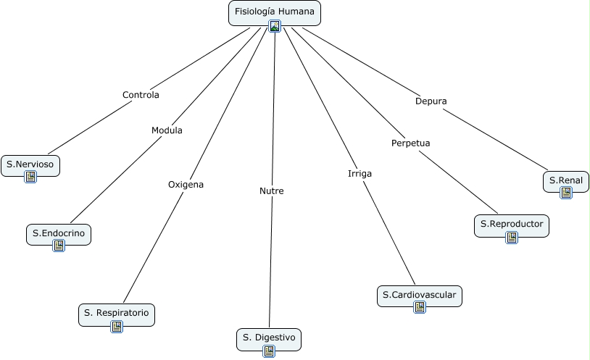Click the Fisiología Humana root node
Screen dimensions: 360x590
tap(274, 12)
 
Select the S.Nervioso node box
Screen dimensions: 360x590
tap(30, 164)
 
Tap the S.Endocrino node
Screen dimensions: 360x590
tap(59, 233)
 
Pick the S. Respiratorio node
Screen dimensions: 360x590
tap(116, 313)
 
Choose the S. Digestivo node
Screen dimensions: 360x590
tap(268, 338)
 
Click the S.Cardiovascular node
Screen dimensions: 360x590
tap(420, 295)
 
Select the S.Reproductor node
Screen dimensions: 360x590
tap(511, 224)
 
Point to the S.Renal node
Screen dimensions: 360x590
tap(565, 180)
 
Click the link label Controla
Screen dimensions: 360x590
tap(141, 95)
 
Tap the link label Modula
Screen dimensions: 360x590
tap(167, 130)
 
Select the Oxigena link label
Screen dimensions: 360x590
tap(186, 185)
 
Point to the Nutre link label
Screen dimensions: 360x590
tap(272, 191)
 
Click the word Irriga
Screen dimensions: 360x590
tap(360, 174)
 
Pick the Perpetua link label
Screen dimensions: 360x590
tap(410, 143)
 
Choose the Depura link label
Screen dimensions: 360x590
tap(431, 101)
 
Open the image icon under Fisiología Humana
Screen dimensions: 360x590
tap(275, 26)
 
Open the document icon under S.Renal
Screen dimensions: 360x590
tap(566, 193)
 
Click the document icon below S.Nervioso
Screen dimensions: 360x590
tap(30, 177)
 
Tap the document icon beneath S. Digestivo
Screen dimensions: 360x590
tap(269, 351)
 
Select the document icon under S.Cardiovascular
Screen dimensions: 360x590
tap(420, 307)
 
